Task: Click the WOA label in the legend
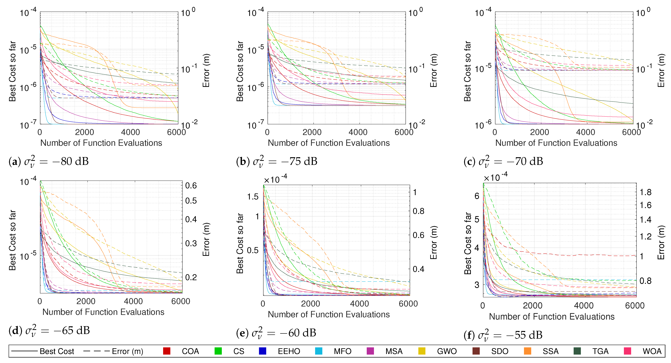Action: (652, 351)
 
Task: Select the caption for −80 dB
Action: (49, 161)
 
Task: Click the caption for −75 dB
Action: (277, 161)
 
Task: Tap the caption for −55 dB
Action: (503, 335)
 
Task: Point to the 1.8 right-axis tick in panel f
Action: (645, 192)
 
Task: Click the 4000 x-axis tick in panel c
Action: (586, 132)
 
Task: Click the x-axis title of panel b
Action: (329, 143)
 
